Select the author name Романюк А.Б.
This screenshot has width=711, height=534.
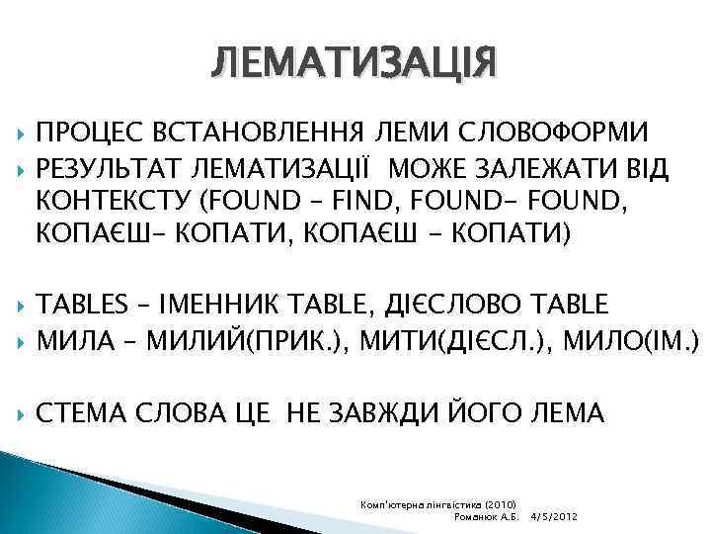pos(485,517)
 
